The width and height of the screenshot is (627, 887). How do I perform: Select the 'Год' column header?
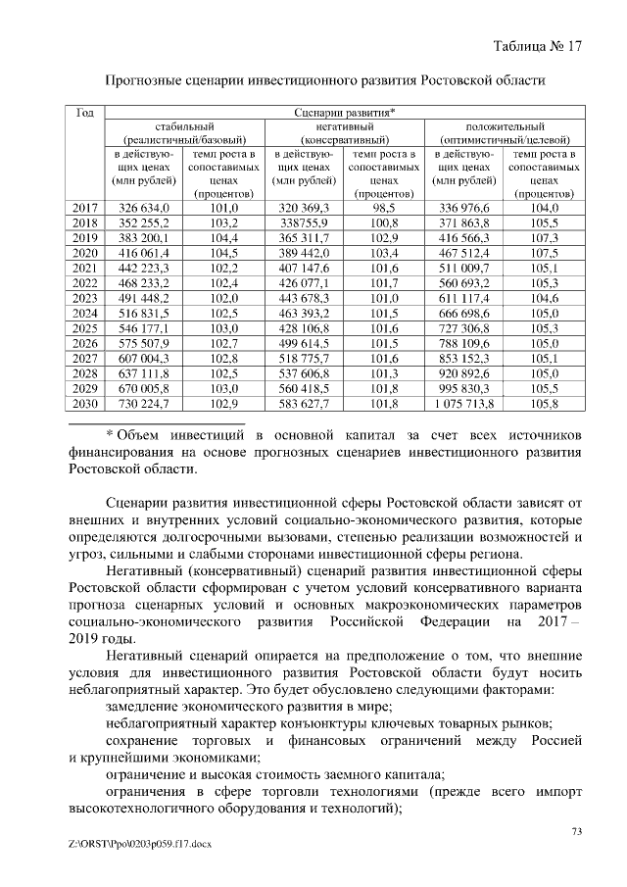84,113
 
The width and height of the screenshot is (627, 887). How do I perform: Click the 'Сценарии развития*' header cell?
345,113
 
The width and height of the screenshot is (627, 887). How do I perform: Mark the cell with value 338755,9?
304,222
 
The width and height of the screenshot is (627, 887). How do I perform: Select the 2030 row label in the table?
85,403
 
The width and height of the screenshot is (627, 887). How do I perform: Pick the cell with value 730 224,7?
144,403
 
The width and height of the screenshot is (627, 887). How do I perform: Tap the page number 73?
576,832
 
